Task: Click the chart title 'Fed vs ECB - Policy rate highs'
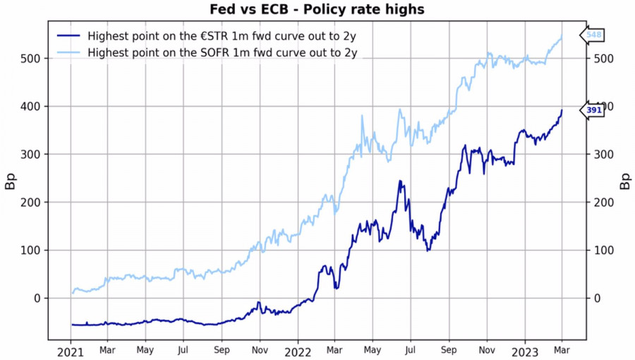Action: pos(317,9)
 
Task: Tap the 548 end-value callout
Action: pos(593,35)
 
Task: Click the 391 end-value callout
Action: pos(593,110)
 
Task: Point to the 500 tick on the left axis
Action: pos(32,58)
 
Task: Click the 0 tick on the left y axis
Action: pos(37,298)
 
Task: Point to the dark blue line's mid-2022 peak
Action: pos(401,181)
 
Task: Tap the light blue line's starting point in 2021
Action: pos(72,293)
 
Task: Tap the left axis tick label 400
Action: pos(32,106)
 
